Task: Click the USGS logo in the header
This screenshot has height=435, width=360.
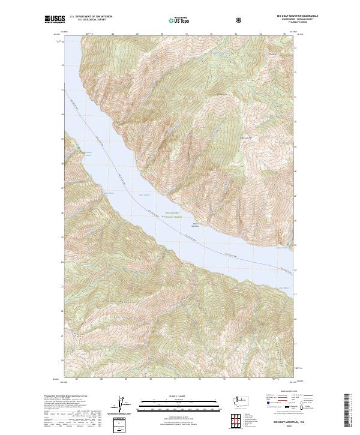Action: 55,20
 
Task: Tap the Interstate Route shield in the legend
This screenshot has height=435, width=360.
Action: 265,406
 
